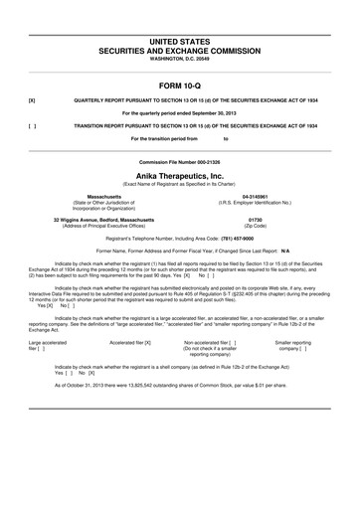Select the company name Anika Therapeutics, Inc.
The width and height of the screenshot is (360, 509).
[180, 174]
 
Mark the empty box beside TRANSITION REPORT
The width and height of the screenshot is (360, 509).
[32, 126]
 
